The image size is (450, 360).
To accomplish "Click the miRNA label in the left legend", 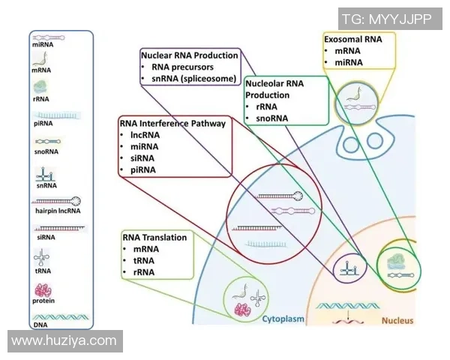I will pos(43,45).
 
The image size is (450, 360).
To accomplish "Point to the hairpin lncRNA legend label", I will pos(55,213).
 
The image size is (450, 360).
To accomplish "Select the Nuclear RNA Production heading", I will pos(190,55).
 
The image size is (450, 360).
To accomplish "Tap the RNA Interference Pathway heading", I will pos(172,123).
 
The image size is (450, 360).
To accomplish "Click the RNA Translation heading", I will pos(154,237).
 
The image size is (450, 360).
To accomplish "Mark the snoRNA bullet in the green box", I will pos(271,118).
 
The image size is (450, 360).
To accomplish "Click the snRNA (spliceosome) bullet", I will pos(194,79).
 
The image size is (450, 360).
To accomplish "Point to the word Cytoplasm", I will pos(283,319).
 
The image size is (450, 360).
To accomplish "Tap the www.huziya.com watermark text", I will pos(64,340).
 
